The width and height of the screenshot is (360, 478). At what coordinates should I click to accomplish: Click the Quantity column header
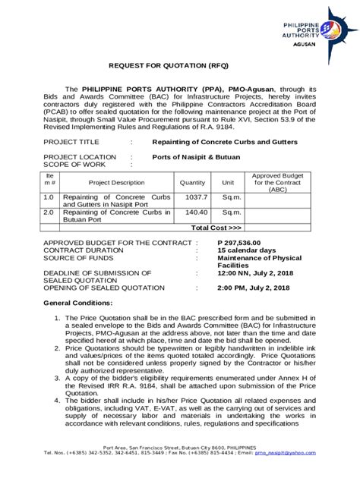click(x=192, y=183)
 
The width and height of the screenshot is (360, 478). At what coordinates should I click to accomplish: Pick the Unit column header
click(x=227, y=183)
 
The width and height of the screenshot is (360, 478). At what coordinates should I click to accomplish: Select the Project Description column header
click(x=116, y=183)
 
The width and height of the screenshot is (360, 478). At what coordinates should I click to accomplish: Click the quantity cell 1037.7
click(x=192, y=197)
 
